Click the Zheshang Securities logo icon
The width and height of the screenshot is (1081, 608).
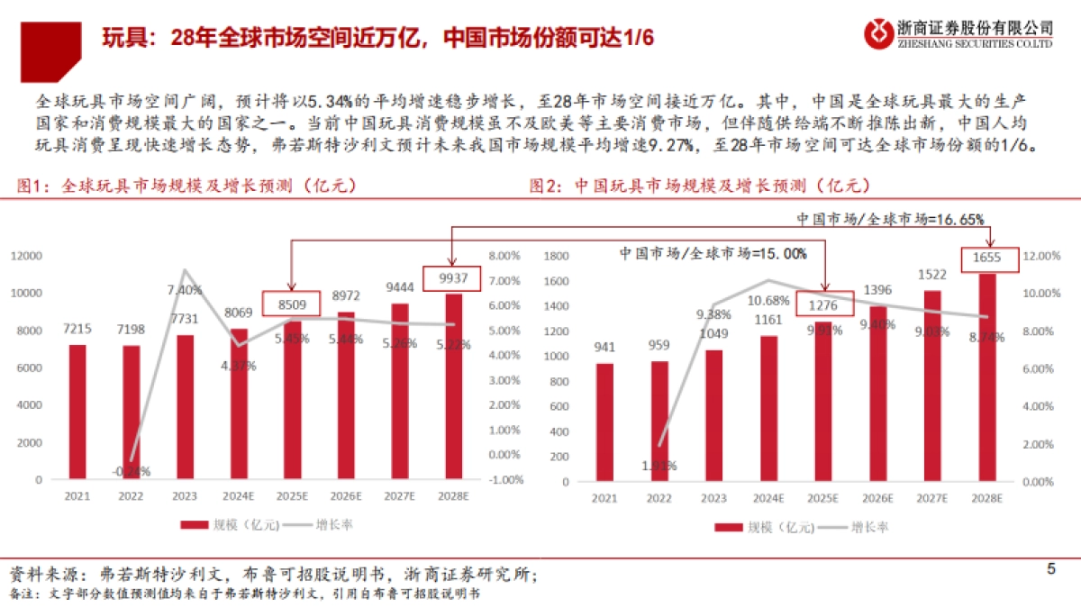pos(877,33)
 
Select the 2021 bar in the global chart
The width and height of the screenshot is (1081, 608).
pos(77,412)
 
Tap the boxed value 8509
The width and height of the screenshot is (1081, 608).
pos(293,303)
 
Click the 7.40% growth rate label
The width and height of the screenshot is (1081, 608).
pos(185,290)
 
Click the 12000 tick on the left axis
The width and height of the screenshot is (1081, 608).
pos(27,256)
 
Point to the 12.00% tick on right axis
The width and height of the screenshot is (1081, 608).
pos(1049,256)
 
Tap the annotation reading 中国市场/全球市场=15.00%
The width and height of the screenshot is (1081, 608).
pos(713,253)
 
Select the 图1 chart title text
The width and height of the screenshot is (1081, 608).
pos(186,186)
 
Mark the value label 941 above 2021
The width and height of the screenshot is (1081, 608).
pos(606,346)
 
